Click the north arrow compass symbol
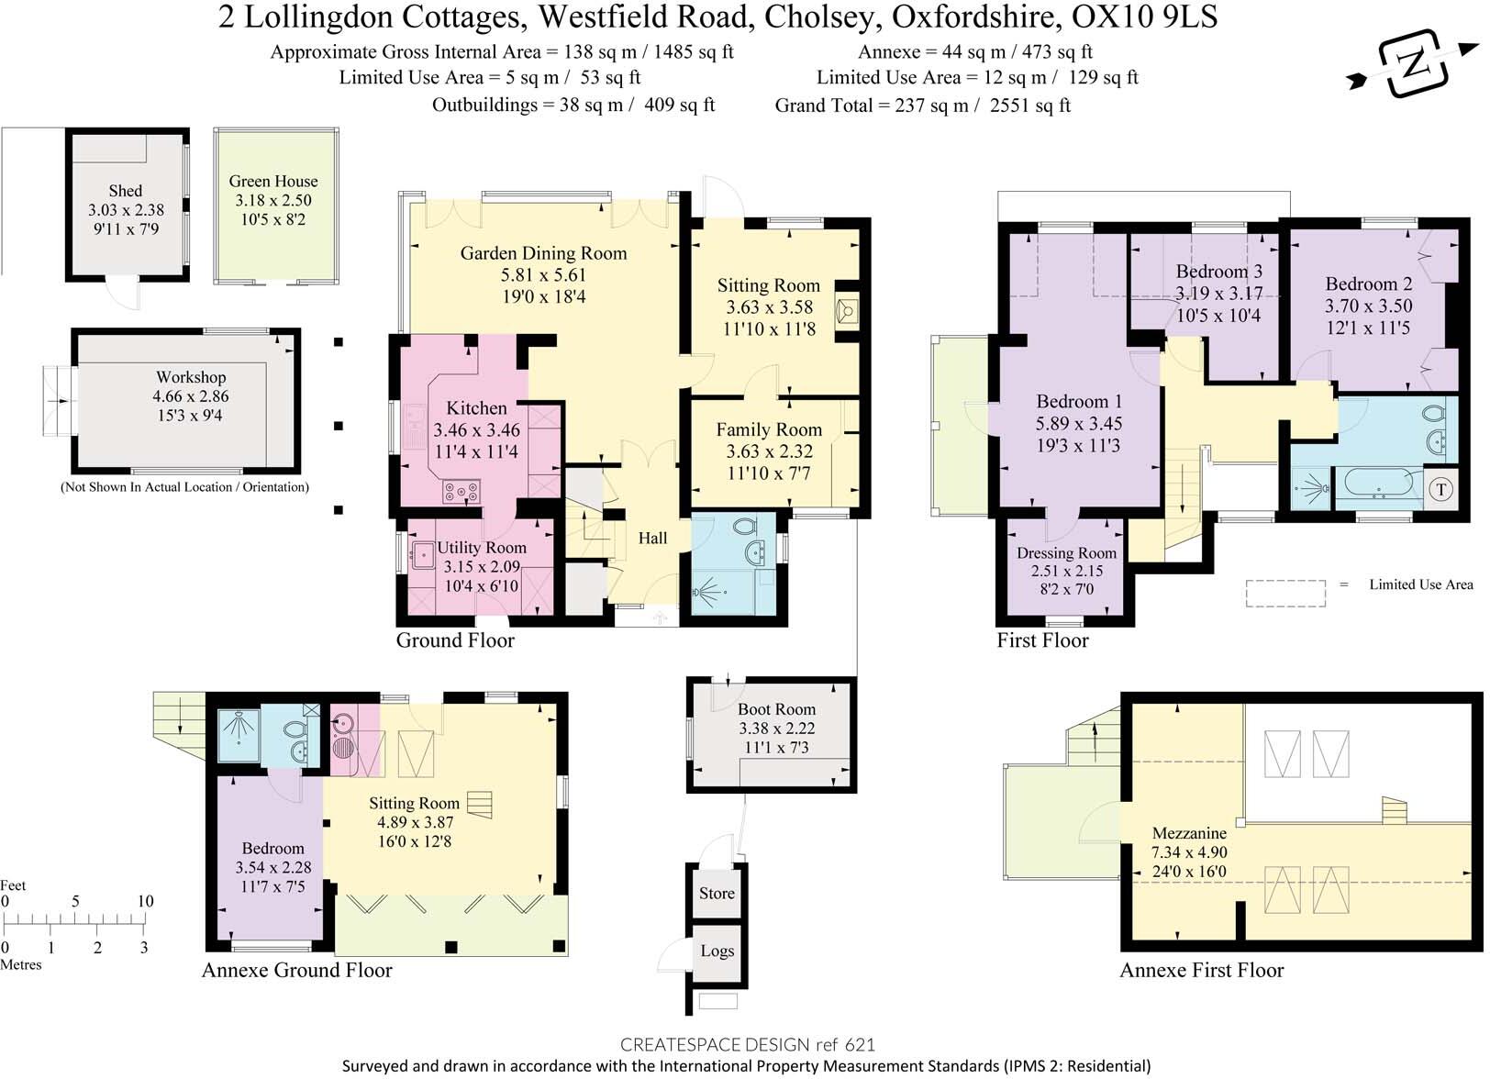[x=1414, y=65]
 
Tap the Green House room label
[x=273, y=182]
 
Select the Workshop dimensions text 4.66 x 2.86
[x=191, y=396]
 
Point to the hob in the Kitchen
[x=461, y=492]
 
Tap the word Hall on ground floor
[x=652, y=539]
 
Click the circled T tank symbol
[x=1440, y=490]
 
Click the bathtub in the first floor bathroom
[x=1377, y=483]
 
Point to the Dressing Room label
[x=1066, y=553]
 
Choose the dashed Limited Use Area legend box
[x=1285, y=594]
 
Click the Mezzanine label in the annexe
[x=1189, y=833]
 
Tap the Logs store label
[x=717, y=951]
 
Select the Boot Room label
[x=776, y=709]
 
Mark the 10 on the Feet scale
[x=145, y=901]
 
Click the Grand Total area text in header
[x=922, y=106]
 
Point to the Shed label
[x=126, y=191]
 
